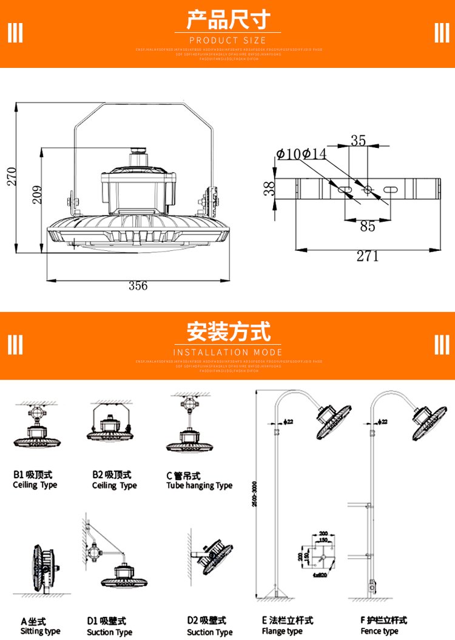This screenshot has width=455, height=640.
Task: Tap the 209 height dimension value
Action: tap(36, 194)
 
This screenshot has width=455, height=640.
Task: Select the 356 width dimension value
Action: tap(138, 286)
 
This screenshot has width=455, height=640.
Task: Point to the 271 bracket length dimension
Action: tap(368, 257)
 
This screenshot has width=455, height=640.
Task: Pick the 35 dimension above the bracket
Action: tap(359, 141)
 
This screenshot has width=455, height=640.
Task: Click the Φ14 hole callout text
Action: tap(314, 154)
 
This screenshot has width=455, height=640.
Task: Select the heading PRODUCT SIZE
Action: tap(227, 40)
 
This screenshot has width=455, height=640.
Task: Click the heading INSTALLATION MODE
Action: tap(227, 352)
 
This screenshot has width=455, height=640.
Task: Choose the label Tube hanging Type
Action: tap(199, 485)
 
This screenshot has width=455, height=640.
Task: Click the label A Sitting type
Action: tap(41, 627)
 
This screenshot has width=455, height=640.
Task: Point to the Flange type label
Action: tap(282, 631)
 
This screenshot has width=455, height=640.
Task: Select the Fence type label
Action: tap(379, 631)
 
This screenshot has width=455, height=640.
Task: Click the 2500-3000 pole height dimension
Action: tap(261, 502)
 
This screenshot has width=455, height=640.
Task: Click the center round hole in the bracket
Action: tap(368, 190)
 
